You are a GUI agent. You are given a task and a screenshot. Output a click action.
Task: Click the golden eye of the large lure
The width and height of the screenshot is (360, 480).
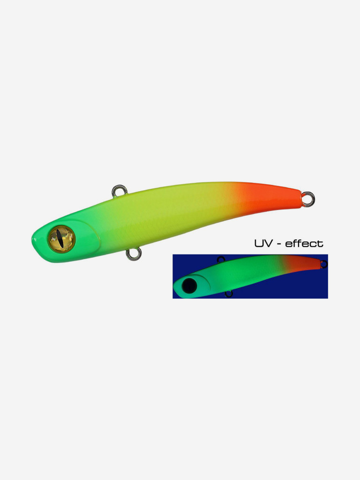(x=61, y=239)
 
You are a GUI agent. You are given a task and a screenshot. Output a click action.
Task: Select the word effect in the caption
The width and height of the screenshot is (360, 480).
(x=304, y=243)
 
